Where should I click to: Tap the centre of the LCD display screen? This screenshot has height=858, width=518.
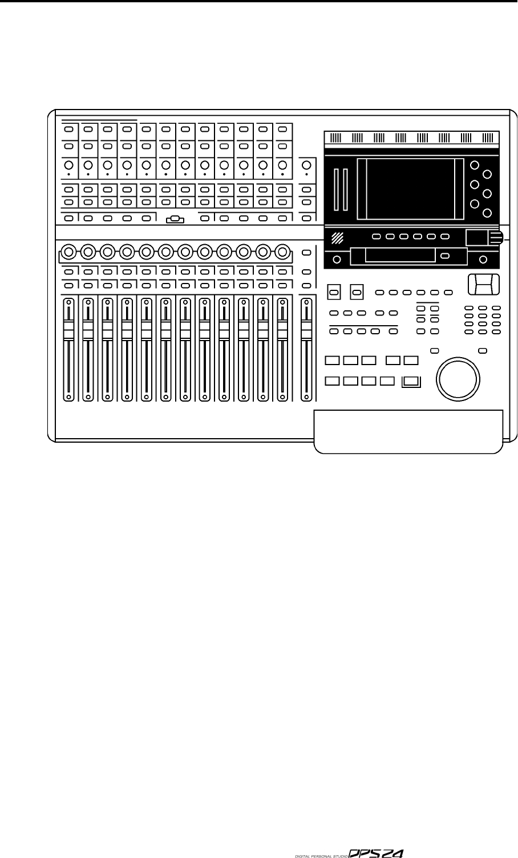click(410, 188)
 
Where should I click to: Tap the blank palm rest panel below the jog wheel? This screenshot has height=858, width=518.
click(408, 431)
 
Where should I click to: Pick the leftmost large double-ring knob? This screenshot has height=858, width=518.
click(68, 251)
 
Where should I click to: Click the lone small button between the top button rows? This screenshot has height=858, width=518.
click(175, 218)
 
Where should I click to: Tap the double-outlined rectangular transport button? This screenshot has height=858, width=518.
click(410, 382)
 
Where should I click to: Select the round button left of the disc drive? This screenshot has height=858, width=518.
click(337, 260)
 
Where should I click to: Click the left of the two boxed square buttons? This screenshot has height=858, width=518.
click(334, 293)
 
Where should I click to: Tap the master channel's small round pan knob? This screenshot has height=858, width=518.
click(307, 165)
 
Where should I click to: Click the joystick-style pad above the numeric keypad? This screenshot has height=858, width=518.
click(483, 284)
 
